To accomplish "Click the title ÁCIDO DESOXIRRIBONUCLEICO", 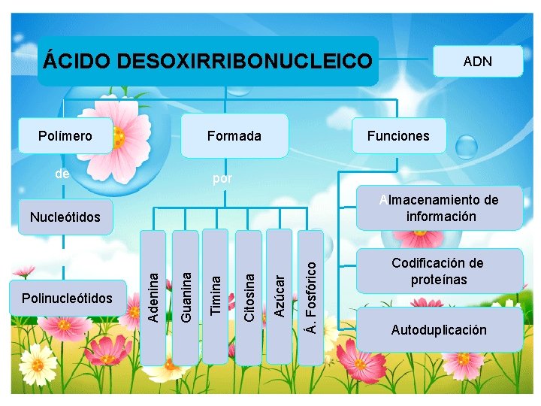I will (207, 60).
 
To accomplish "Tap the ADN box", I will (478, 61).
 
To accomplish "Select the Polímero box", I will (65, 136).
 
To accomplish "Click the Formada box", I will (234, 136).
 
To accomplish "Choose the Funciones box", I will (398, 136).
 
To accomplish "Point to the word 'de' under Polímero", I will (62, 174).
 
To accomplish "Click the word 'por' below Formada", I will (222, 179).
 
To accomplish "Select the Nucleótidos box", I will (65, 217).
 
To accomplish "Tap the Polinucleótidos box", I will (68, 298).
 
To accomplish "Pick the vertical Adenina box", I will (153, 297).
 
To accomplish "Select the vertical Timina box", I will (216, 297).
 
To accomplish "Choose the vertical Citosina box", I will (249, 297).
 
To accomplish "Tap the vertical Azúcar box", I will (280, 297).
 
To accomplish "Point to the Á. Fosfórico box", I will (311, 297).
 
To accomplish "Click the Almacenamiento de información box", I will (440, 208).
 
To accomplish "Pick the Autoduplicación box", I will (439, 330).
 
